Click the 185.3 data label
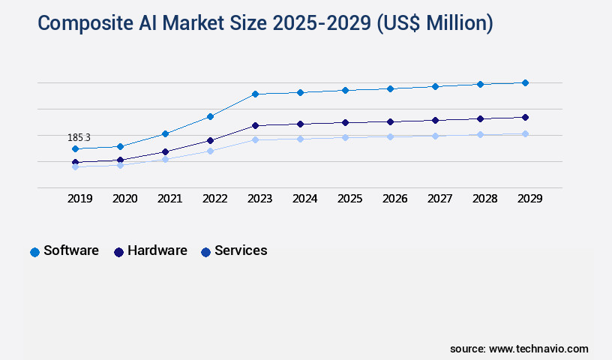coord(79,137)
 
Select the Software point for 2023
coord(255,94)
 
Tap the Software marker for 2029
coord(525,82)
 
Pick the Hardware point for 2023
coord(255,125)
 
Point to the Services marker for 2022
coord(210,151)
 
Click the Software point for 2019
coord(75,148)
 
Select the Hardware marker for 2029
coord(525,117)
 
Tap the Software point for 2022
coord(210,116)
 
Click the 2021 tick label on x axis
coord(169,199)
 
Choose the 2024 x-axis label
coord(304,199)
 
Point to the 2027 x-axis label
coord(439,199)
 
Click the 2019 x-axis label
coord(79,199)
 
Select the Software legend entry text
coord(71,250)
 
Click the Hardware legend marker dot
coord(118,252)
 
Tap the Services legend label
coord(241,250)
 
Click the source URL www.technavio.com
coord(538,349)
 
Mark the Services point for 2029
coord(525,133)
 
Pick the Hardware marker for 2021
coord(165,151)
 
